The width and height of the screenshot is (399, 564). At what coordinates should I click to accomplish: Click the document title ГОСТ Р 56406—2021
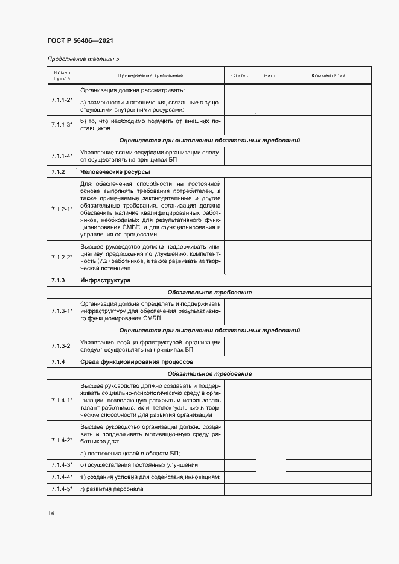80,40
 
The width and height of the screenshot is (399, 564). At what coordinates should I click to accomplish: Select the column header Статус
240,76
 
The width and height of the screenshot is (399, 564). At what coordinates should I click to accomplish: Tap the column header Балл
270,76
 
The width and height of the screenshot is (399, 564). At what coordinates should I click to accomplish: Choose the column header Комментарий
328,76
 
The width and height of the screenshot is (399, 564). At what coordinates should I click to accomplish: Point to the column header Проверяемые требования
150,76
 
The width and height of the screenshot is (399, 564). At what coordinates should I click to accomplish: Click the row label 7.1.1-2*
62,100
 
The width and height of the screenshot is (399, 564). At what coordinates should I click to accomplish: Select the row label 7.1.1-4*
62,156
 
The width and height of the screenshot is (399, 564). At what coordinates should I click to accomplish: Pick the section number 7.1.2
59,172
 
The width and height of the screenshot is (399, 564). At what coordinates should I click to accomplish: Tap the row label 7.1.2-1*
62,209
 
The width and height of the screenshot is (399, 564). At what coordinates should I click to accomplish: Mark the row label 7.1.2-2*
62,258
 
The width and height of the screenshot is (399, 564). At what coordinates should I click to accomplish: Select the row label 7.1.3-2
61,346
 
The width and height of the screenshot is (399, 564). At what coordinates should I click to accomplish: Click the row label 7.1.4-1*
62,399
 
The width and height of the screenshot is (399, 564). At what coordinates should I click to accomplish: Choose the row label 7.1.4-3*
62,464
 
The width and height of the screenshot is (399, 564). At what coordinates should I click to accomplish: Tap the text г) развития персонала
112,489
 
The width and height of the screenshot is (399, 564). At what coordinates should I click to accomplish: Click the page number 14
51,513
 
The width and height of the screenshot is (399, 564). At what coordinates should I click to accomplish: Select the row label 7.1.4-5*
62,489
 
